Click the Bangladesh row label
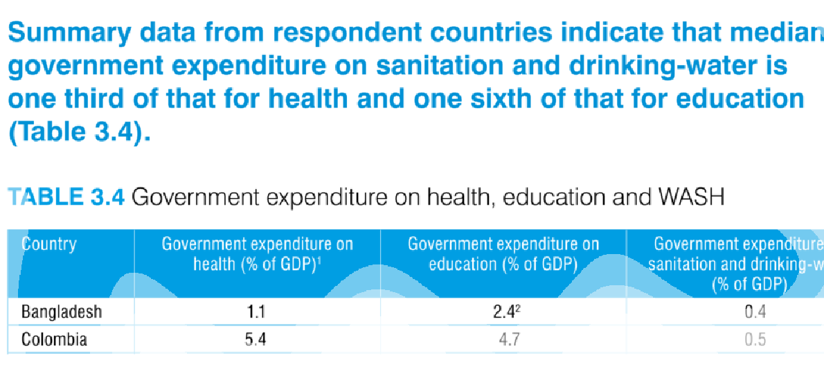pyautogui.click(x=62, y=313)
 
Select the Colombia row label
pyautogui.click(x=54, y=340)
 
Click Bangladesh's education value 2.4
pyautogui.click(x=501, y=313)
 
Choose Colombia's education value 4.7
pyautogui.click(x=503, y=340)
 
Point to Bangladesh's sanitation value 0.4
pyautogui.click(x=755, y=313)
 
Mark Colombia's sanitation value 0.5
pyautogui.click(x=755, y=340)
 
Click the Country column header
pyautogui.click(x=48, y=244)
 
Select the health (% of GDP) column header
pyautogui.click(x=258, y=254)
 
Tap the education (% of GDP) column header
pyautogui.click(x=503, y=254)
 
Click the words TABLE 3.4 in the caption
pyautogui.click(x=66, y=198)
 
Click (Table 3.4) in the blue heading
pyautogui.click(x=79, y=132)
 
